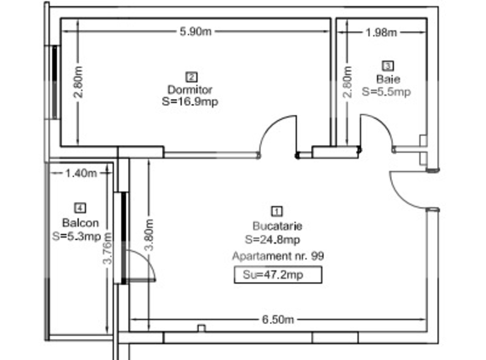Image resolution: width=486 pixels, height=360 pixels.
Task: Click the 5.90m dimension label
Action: [195, 32]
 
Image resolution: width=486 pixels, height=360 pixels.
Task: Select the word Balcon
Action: [80, 223]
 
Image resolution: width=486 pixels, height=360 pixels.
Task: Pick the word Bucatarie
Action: [277, 225]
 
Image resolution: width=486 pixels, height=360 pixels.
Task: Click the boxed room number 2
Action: [191, 76]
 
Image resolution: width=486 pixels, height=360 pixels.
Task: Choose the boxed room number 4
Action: [80, 208]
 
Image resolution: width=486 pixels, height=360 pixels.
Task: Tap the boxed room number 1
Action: [277, 211]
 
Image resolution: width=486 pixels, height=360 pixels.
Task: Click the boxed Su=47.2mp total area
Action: [277, 274]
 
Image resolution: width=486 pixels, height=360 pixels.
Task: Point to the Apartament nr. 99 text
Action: [277, 255]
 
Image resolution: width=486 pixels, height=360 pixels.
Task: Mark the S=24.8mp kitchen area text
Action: [277, 239]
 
